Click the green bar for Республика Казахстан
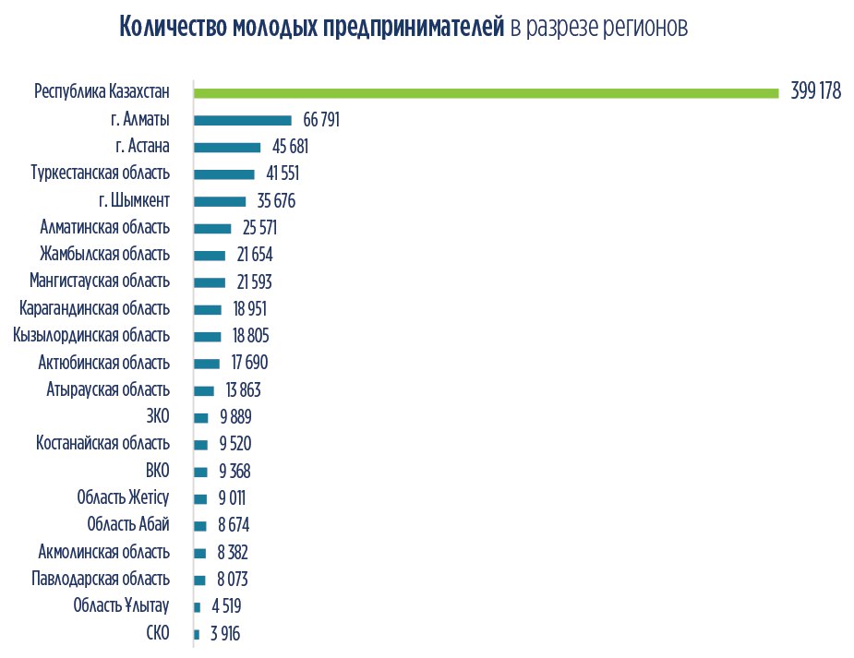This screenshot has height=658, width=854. coord(487,92)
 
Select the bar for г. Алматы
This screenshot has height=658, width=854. coord(243,120)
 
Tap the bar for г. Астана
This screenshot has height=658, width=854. coord(227,147)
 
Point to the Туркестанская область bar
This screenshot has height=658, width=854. coord(224,173)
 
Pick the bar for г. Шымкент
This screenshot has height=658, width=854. coord(220,201)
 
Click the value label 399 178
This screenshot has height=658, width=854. coord(816,92)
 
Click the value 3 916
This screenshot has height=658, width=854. coord(225,634)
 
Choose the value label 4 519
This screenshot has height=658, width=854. coord(224,606)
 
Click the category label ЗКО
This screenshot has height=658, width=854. coord(157,417)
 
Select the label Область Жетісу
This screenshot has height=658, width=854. coord(124,498)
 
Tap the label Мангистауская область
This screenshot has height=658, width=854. coord(100,281)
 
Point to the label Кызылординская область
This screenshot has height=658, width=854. coord(91,336)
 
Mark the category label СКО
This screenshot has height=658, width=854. coord(158,634)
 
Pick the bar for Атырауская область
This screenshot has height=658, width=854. coord(204,390)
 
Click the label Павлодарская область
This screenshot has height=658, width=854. coord(101,580)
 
